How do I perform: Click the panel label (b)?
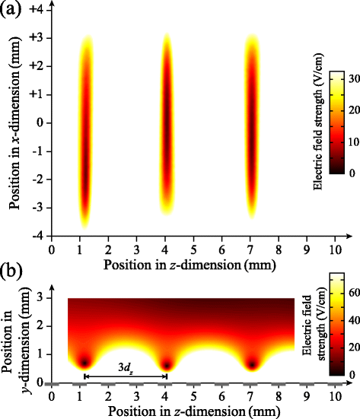tap(13, 271)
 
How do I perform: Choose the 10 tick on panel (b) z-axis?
tap(334, 397)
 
